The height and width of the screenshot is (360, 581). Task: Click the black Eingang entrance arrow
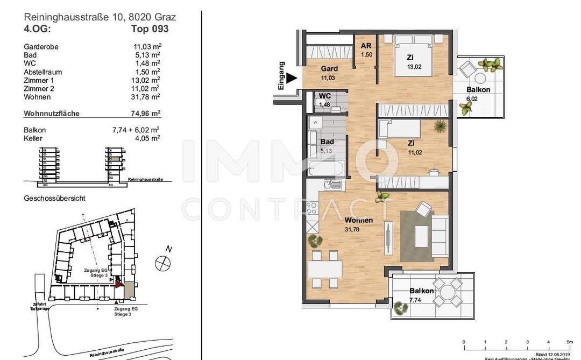click(291, 79)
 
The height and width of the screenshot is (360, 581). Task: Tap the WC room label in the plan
click(324, 96)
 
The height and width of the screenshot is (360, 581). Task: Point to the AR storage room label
click(366, 46)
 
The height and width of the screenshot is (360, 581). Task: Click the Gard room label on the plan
click(329, 69)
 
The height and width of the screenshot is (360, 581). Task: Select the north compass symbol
click(162, 264)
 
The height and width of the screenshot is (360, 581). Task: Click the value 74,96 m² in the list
click(147, 114)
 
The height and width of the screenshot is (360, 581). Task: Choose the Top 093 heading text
click(150, 29)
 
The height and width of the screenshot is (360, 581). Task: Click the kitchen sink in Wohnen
click(332, 185)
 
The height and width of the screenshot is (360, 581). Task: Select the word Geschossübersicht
click(54, 198)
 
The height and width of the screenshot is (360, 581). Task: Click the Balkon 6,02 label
click(478, 90)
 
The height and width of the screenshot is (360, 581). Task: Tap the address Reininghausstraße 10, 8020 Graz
click(100, 17)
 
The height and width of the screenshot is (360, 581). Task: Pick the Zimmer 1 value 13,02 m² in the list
click(147, 80)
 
